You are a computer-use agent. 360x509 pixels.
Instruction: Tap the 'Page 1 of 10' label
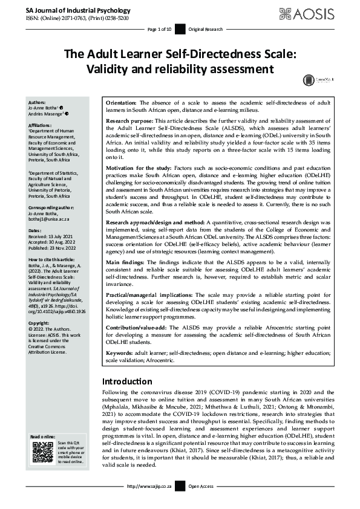(160, 29)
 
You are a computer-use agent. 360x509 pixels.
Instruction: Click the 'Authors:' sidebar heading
(37, 103)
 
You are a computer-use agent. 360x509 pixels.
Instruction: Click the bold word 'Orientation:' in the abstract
(124, 103)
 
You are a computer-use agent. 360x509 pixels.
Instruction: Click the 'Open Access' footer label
(201, 485)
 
